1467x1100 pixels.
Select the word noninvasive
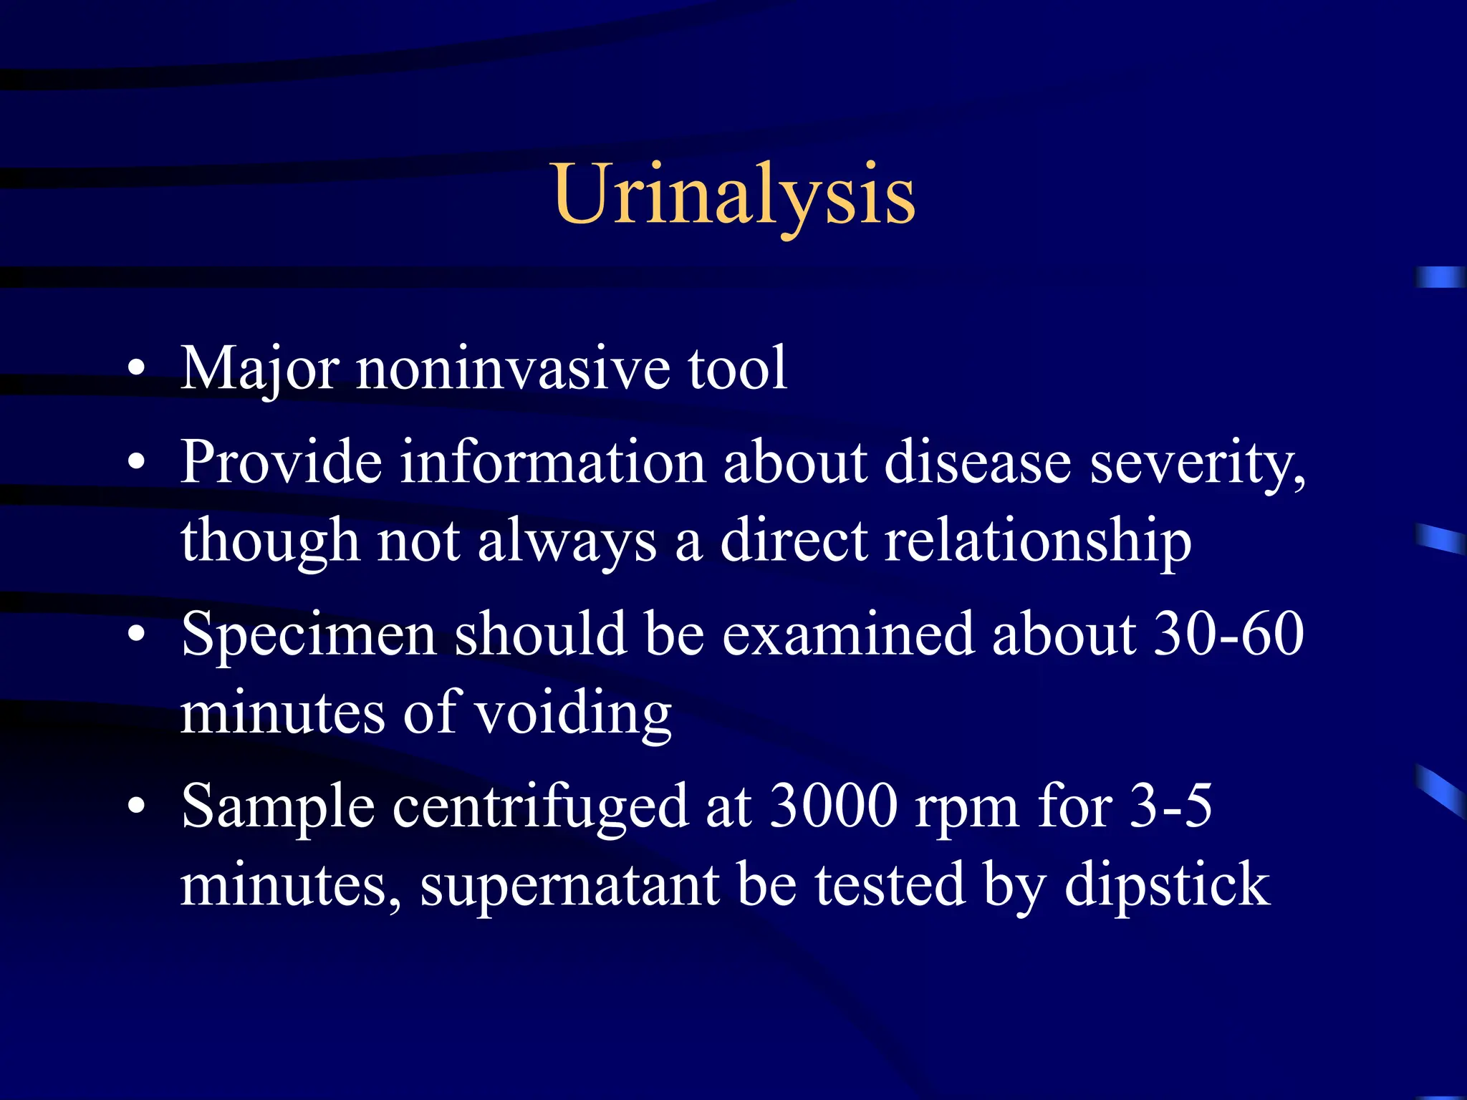(x=513, y=368)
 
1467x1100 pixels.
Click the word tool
(x=737, y=368)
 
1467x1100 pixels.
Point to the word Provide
(x=281, y=462)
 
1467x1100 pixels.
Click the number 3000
(x=834, y=806)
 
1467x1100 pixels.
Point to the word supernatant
(x=570, y=886)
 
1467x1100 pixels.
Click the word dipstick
(x=1167, y=886)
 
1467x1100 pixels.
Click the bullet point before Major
(x=137, y=370)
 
